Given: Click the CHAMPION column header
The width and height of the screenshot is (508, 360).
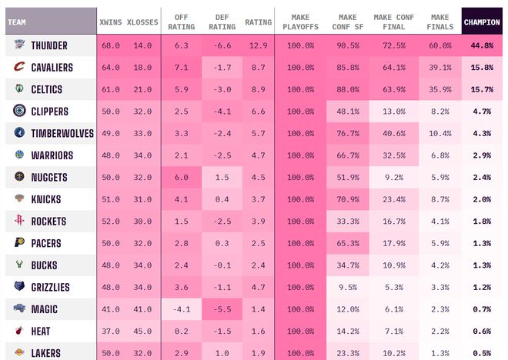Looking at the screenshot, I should (x=482, y=22).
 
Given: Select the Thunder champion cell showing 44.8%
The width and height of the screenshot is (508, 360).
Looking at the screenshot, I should (x=482, y=45).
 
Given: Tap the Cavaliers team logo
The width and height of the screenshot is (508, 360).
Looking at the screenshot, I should (x=19, y=68).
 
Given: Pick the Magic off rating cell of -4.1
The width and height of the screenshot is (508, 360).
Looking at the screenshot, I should (x=182, y=309).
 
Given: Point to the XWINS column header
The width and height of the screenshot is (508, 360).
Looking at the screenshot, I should (x=110, y=22).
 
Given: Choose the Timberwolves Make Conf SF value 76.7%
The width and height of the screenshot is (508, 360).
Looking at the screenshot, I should (x=348, y=133).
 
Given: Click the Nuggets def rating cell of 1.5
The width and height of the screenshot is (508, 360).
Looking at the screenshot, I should (x=222, y=178).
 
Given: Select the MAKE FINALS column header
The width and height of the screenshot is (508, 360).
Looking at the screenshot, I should (x=440, y=22).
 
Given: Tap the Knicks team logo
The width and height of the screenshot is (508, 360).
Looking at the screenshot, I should (x=19, y=199).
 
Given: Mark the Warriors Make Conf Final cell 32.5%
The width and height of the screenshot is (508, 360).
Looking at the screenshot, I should (x=394, y=155).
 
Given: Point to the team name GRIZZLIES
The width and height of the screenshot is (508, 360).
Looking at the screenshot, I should (x=50, y=288).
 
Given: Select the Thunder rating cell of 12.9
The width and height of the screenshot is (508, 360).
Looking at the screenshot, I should (x=259, y=45).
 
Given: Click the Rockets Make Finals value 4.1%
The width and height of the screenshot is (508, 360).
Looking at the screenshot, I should (x=440, y=222).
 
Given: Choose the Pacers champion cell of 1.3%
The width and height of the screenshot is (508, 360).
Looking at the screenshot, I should (x=482, y=243).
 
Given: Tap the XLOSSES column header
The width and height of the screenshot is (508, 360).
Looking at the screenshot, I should (x=142, y=22).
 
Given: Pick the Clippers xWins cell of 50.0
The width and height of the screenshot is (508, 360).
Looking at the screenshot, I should (x=110, y=112).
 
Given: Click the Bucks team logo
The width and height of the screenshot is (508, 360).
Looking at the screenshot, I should (x=19, y=265).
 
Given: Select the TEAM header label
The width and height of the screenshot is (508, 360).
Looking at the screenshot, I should (x=16, y=22).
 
